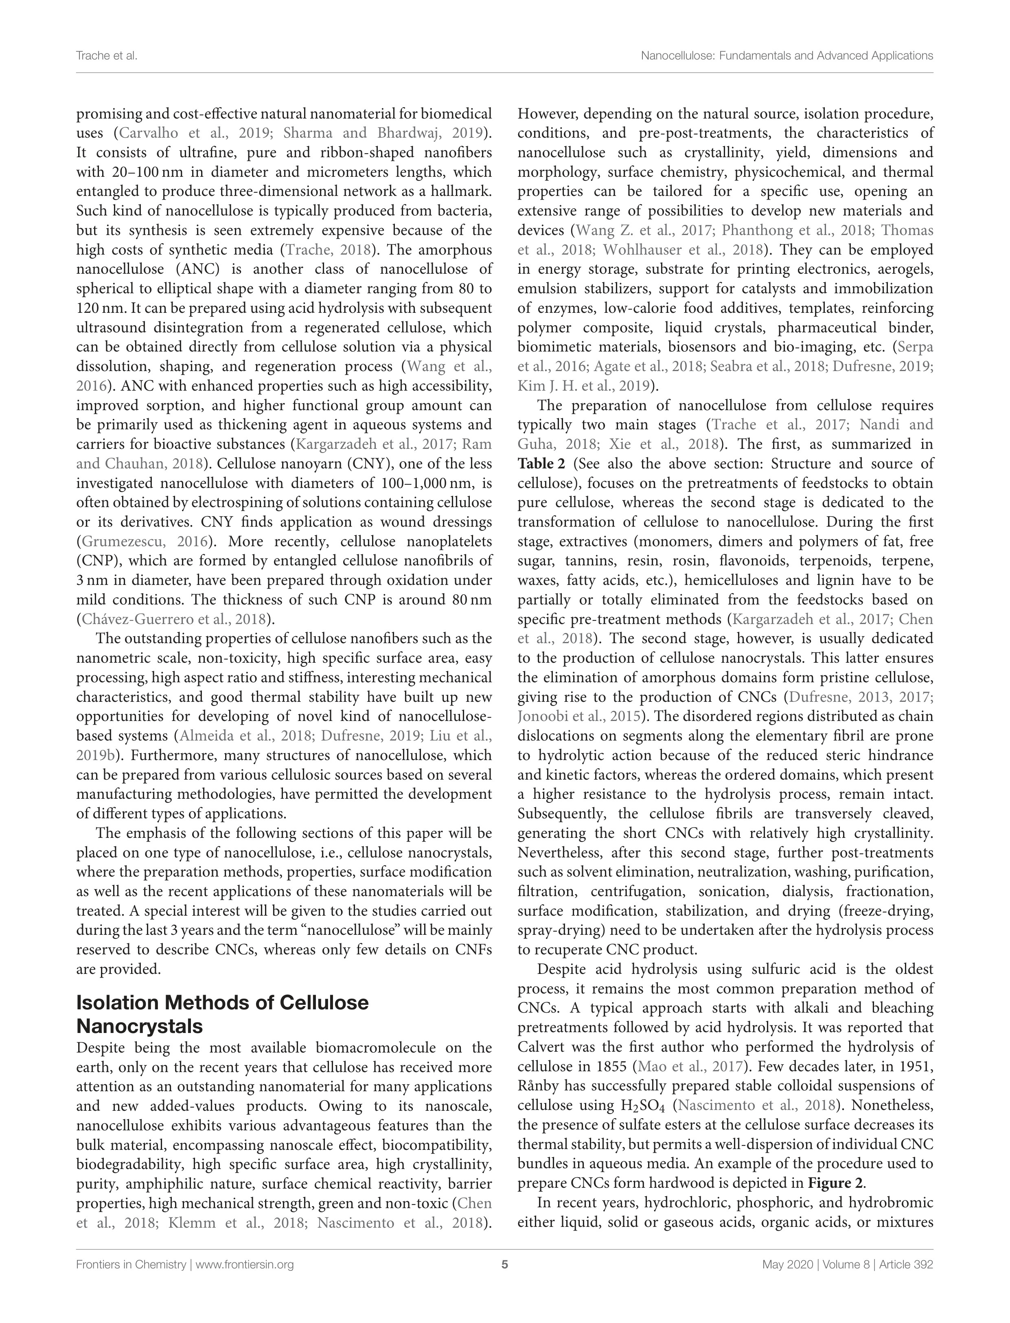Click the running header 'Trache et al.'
point(106,56)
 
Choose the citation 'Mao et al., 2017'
point(688,1067)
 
